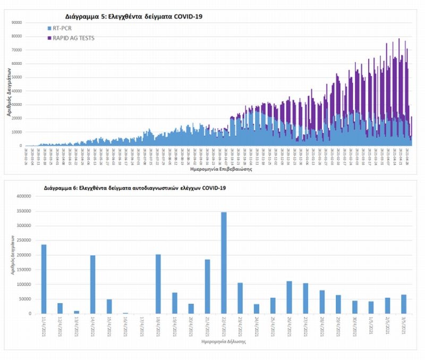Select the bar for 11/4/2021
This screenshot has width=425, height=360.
point(44,279)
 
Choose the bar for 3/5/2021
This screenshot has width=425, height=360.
point(403,304)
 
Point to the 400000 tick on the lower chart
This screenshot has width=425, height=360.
point(24,196)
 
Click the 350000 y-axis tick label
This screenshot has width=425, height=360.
point(24,211)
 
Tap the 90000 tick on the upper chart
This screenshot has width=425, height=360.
point(17,22)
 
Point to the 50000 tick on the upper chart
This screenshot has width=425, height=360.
point(17,77)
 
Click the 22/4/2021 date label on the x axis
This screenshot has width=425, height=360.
point(223,325)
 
